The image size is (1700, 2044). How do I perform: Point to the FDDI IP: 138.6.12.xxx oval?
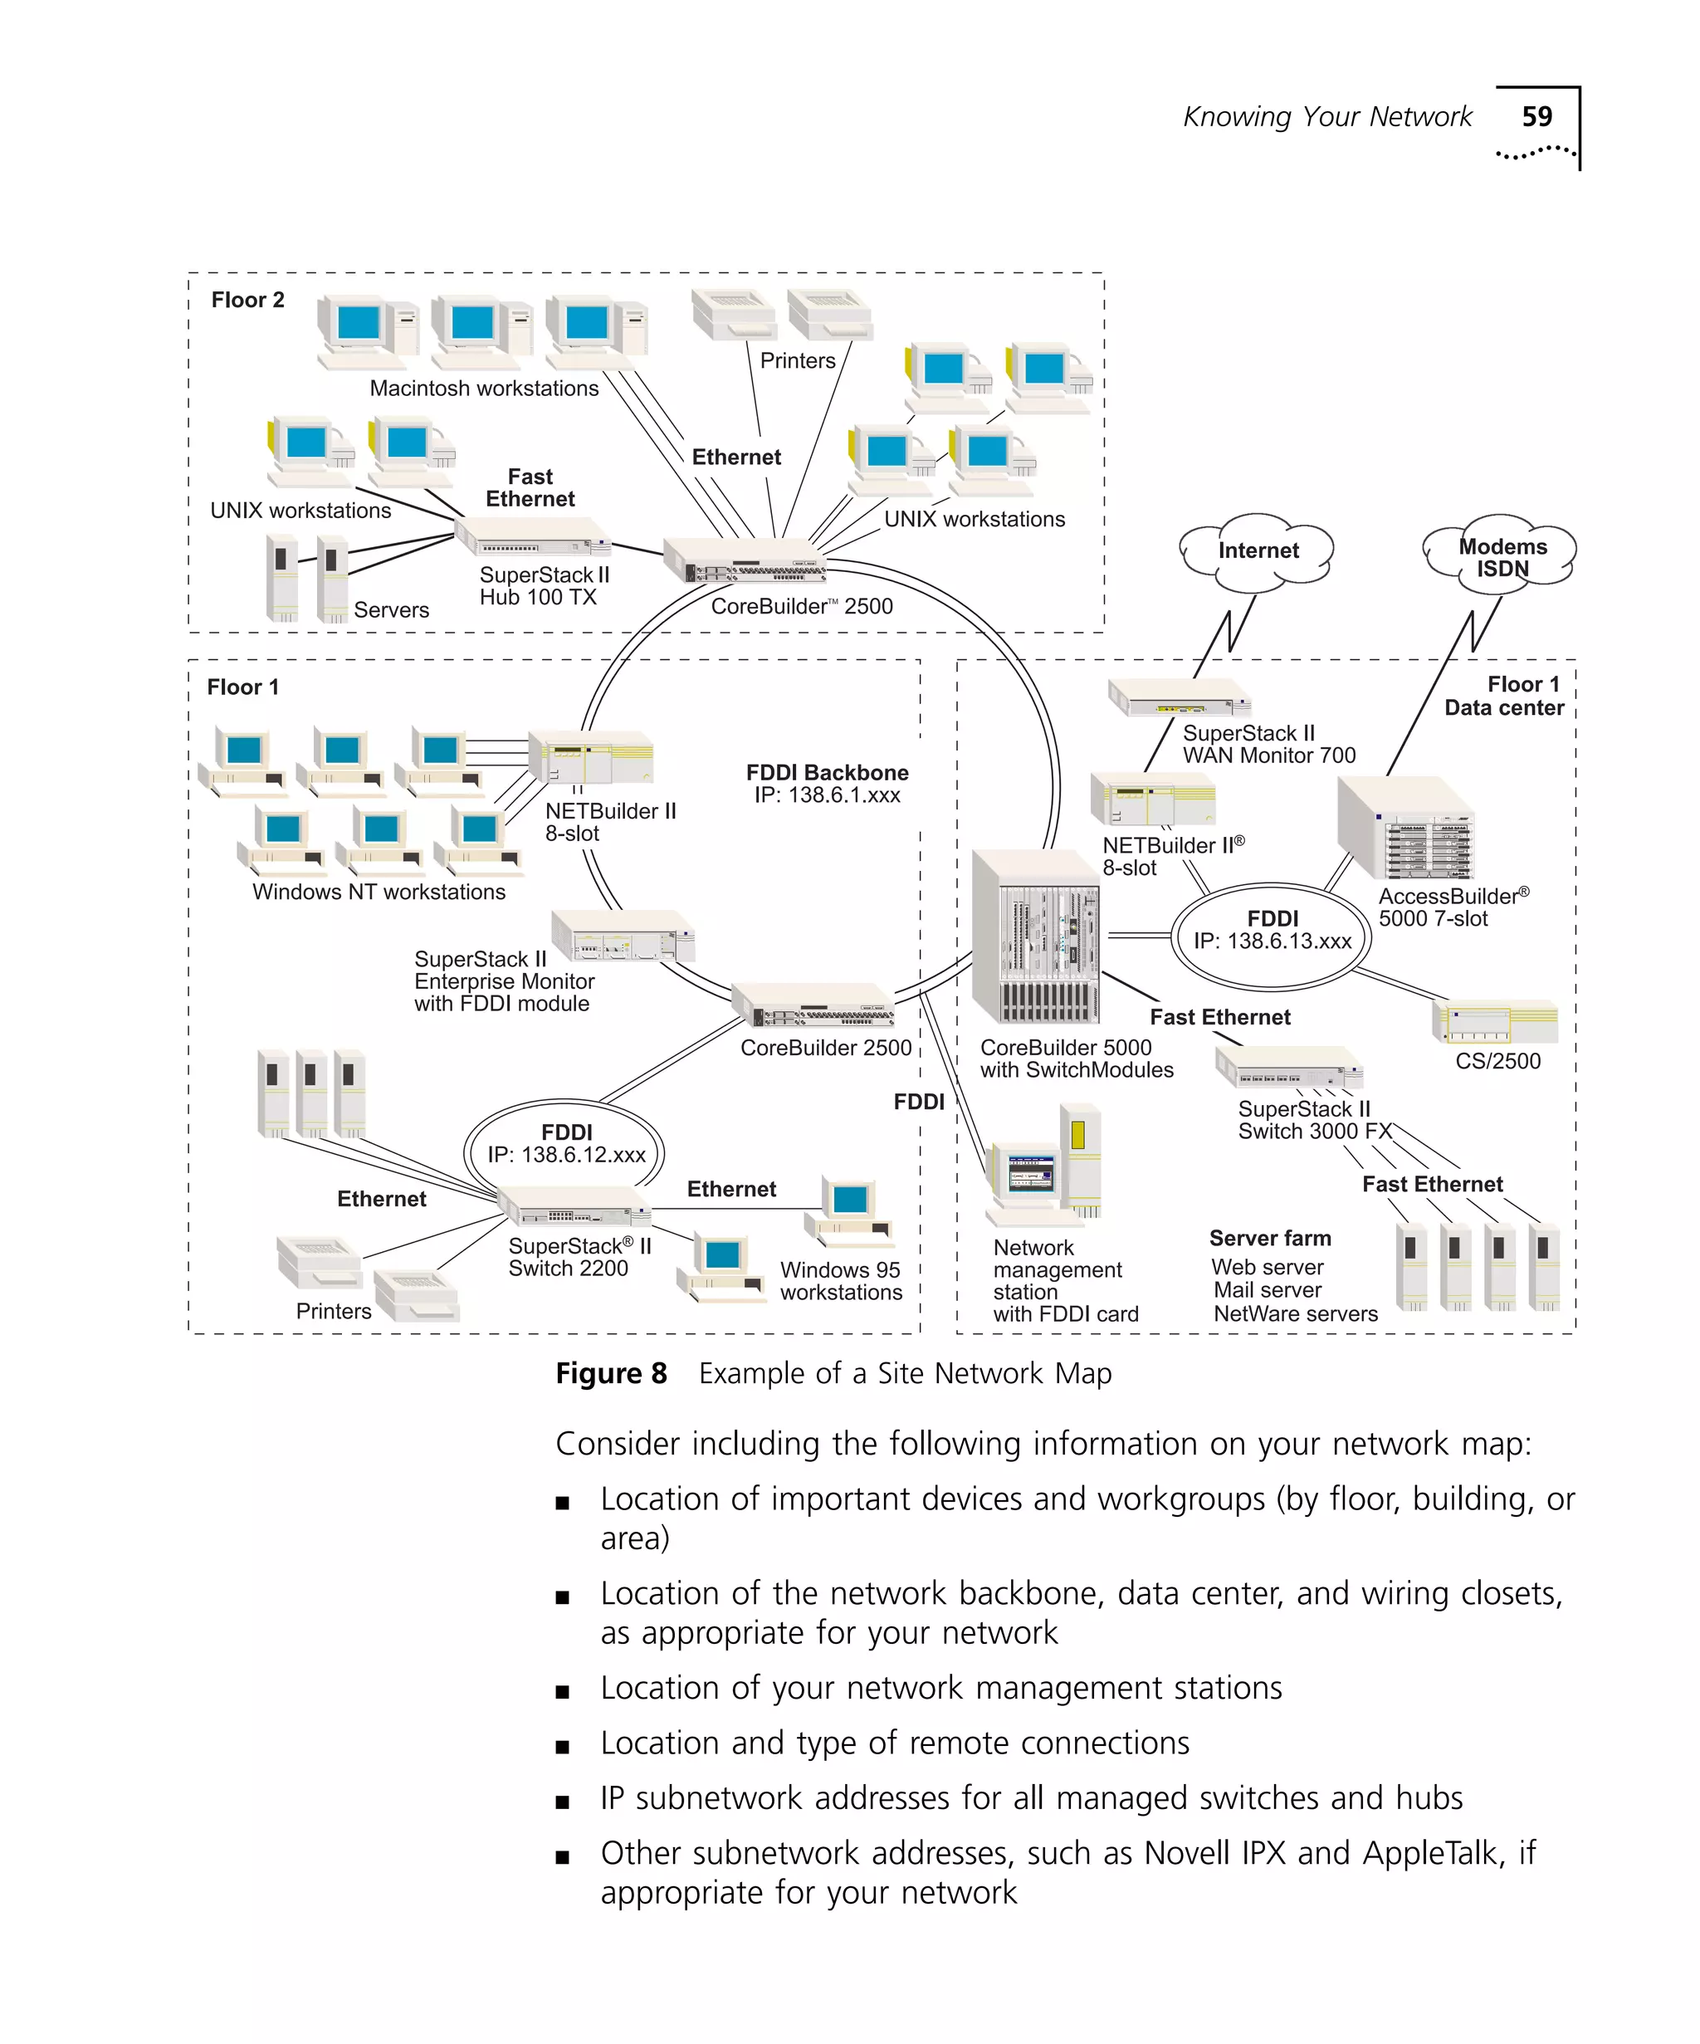click(x=564, y=1145)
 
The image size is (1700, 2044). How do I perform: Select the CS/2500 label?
click(x=1496, y=1062)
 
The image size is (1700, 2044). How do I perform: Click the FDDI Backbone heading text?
click(x=826, y=773)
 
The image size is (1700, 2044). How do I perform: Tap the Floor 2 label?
click(x=247, y=300)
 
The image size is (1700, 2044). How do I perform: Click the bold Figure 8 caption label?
click(x=610, y=1373)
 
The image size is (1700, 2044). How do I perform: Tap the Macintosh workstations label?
click(x=484, y=389)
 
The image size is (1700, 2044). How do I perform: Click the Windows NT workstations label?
click(x=379, y=892)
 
